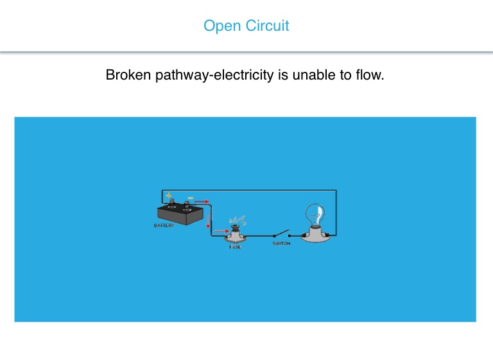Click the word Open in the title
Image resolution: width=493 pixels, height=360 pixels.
[x=219, y=26]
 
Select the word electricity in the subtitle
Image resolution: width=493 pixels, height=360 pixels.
[x=247, y=76]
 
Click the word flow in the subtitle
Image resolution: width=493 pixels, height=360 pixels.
[x=368, y=76]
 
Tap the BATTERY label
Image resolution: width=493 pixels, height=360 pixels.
[x=164, y=226]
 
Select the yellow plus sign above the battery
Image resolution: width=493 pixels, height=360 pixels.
[x=168, y=196]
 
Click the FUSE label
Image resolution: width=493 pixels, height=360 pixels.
[x=234, y=246]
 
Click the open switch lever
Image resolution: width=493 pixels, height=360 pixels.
[x=283, y=234]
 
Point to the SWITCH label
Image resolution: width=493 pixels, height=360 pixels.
[x=281, y=243]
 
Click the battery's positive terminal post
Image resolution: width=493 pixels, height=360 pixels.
[x=171, y=204]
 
